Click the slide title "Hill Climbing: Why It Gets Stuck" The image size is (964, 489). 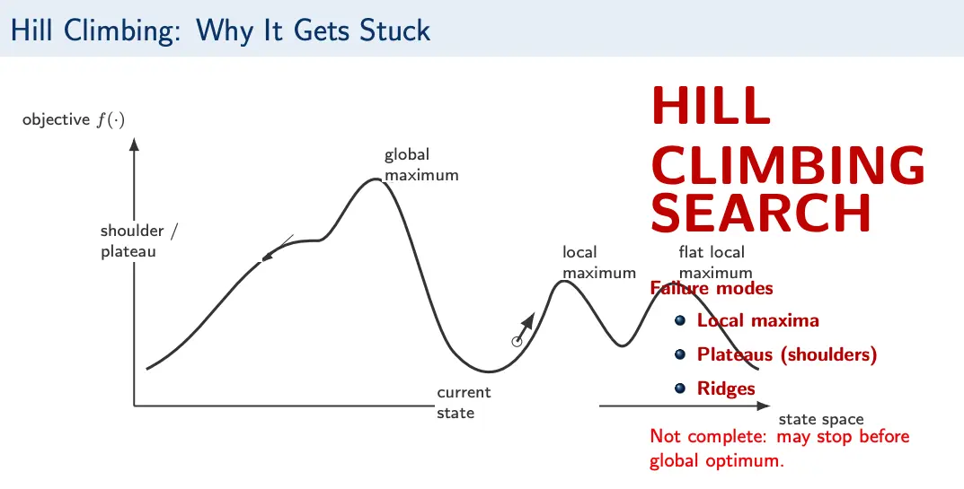click(220, 31)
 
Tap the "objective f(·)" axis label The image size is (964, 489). click(74, 120)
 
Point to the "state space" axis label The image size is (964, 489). click(821, 420)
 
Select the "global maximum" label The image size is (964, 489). click(421, 164)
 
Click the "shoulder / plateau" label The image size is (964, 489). click(139, 240)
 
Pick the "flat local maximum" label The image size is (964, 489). click(715, 262)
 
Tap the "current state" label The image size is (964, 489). click(464, 402)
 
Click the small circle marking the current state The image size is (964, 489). click(517, 342)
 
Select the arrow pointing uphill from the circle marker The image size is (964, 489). click(526, 327)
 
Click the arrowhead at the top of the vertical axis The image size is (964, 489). click(135, 144)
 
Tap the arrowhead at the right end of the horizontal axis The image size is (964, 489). click(763, 406)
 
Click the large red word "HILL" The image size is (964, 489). click(710, 105)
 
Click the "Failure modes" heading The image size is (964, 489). click(712, 288)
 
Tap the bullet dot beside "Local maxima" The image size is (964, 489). click(679, 320)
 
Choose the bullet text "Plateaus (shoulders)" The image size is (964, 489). click(787, 354)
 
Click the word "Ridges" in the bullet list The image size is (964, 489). click(726, 389)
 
